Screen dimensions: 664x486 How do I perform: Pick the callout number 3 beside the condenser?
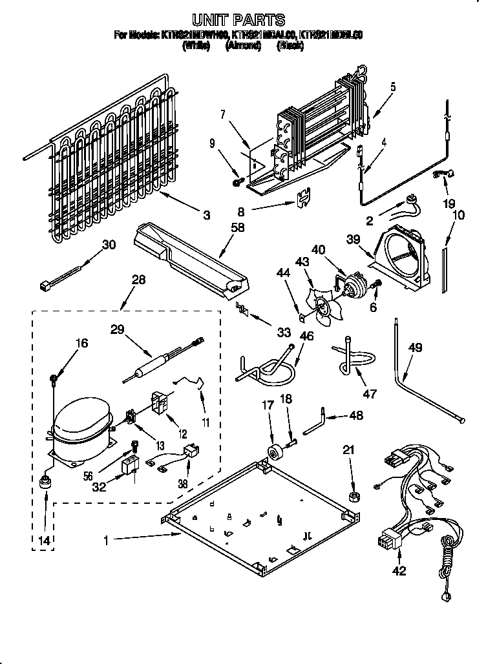pyautogui.click(x=206, y=216)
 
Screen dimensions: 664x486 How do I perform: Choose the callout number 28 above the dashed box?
pyautogui.click(x=138, y=280)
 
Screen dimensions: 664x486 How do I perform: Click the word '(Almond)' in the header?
pyautogui.click(x=243, y=47)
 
